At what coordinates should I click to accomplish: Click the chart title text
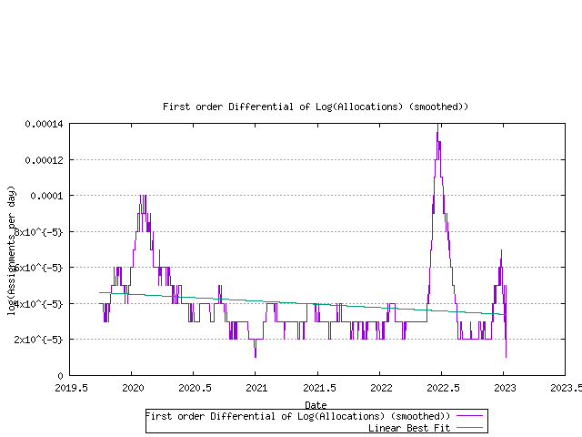(x=316, y=107)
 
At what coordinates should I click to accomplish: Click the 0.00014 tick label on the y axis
(x=45, y=124)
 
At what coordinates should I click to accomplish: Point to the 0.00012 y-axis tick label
(x=45, y=160)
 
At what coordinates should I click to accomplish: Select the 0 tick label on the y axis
(x=60, y=375)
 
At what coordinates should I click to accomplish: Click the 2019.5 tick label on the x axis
(x=69, y=387)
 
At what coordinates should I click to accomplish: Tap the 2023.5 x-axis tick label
(x=565, y=387)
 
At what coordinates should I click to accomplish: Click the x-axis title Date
(x=316, y=404)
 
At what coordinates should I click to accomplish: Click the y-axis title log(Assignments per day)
(x=12, y=250)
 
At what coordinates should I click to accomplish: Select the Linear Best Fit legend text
(x=408, y=427)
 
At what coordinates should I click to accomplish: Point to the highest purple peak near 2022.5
(x=438, y=126)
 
